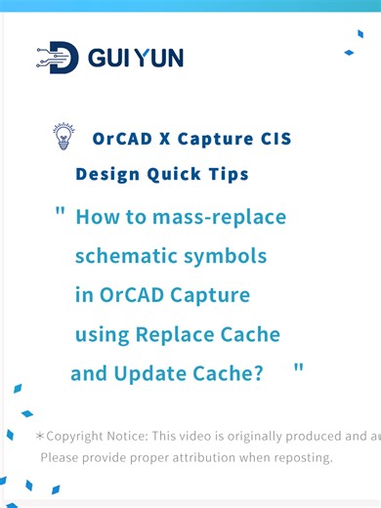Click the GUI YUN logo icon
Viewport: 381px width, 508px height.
(58, 58)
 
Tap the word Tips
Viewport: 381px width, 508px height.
(226, 175)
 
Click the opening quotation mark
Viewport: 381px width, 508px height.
(61, 212)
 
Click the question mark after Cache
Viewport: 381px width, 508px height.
(257, 374)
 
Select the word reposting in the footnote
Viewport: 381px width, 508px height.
(298, 457)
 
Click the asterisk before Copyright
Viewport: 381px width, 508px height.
(39, 436)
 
